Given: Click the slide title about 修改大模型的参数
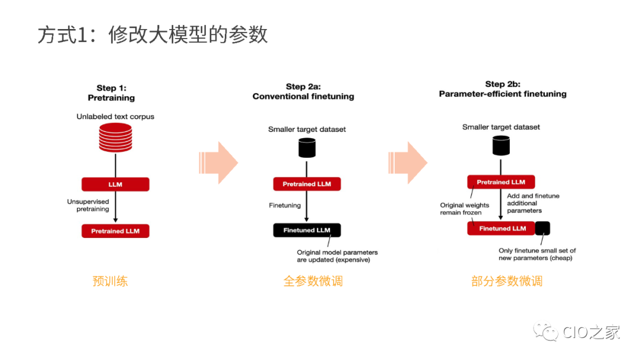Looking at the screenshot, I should coord(153,35).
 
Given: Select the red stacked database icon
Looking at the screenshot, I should coord(115,137).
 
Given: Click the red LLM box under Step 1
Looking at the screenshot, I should coord(115,184).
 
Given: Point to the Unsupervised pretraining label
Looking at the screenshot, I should coord(88,205).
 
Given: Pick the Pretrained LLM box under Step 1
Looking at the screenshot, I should coord(115,231).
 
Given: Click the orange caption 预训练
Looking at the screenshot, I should coord(110,281).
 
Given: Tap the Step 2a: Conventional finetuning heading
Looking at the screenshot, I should coord(303,91).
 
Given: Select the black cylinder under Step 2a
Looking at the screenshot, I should coord(307,148).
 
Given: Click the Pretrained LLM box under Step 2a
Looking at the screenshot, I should coord(307,184).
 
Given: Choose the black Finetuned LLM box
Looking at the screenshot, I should coord(307,230).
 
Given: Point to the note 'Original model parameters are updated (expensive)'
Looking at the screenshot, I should coord(337,256).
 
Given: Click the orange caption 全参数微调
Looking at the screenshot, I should coord(313,281).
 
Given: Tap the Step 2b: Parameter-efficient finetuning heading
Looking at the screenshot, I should coord(503,89).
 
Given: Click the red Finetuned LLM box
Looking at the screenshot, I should coord(501,228).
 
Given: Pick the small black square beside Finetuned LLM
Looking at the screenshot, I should coord(542,228).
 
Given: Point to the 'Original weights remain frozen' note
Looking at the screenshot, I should coord(465,209).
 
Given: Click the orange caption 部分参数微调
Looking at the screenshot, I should coord(507,281).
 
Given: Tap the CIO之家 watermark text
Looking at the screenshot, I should coord(591,332).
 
